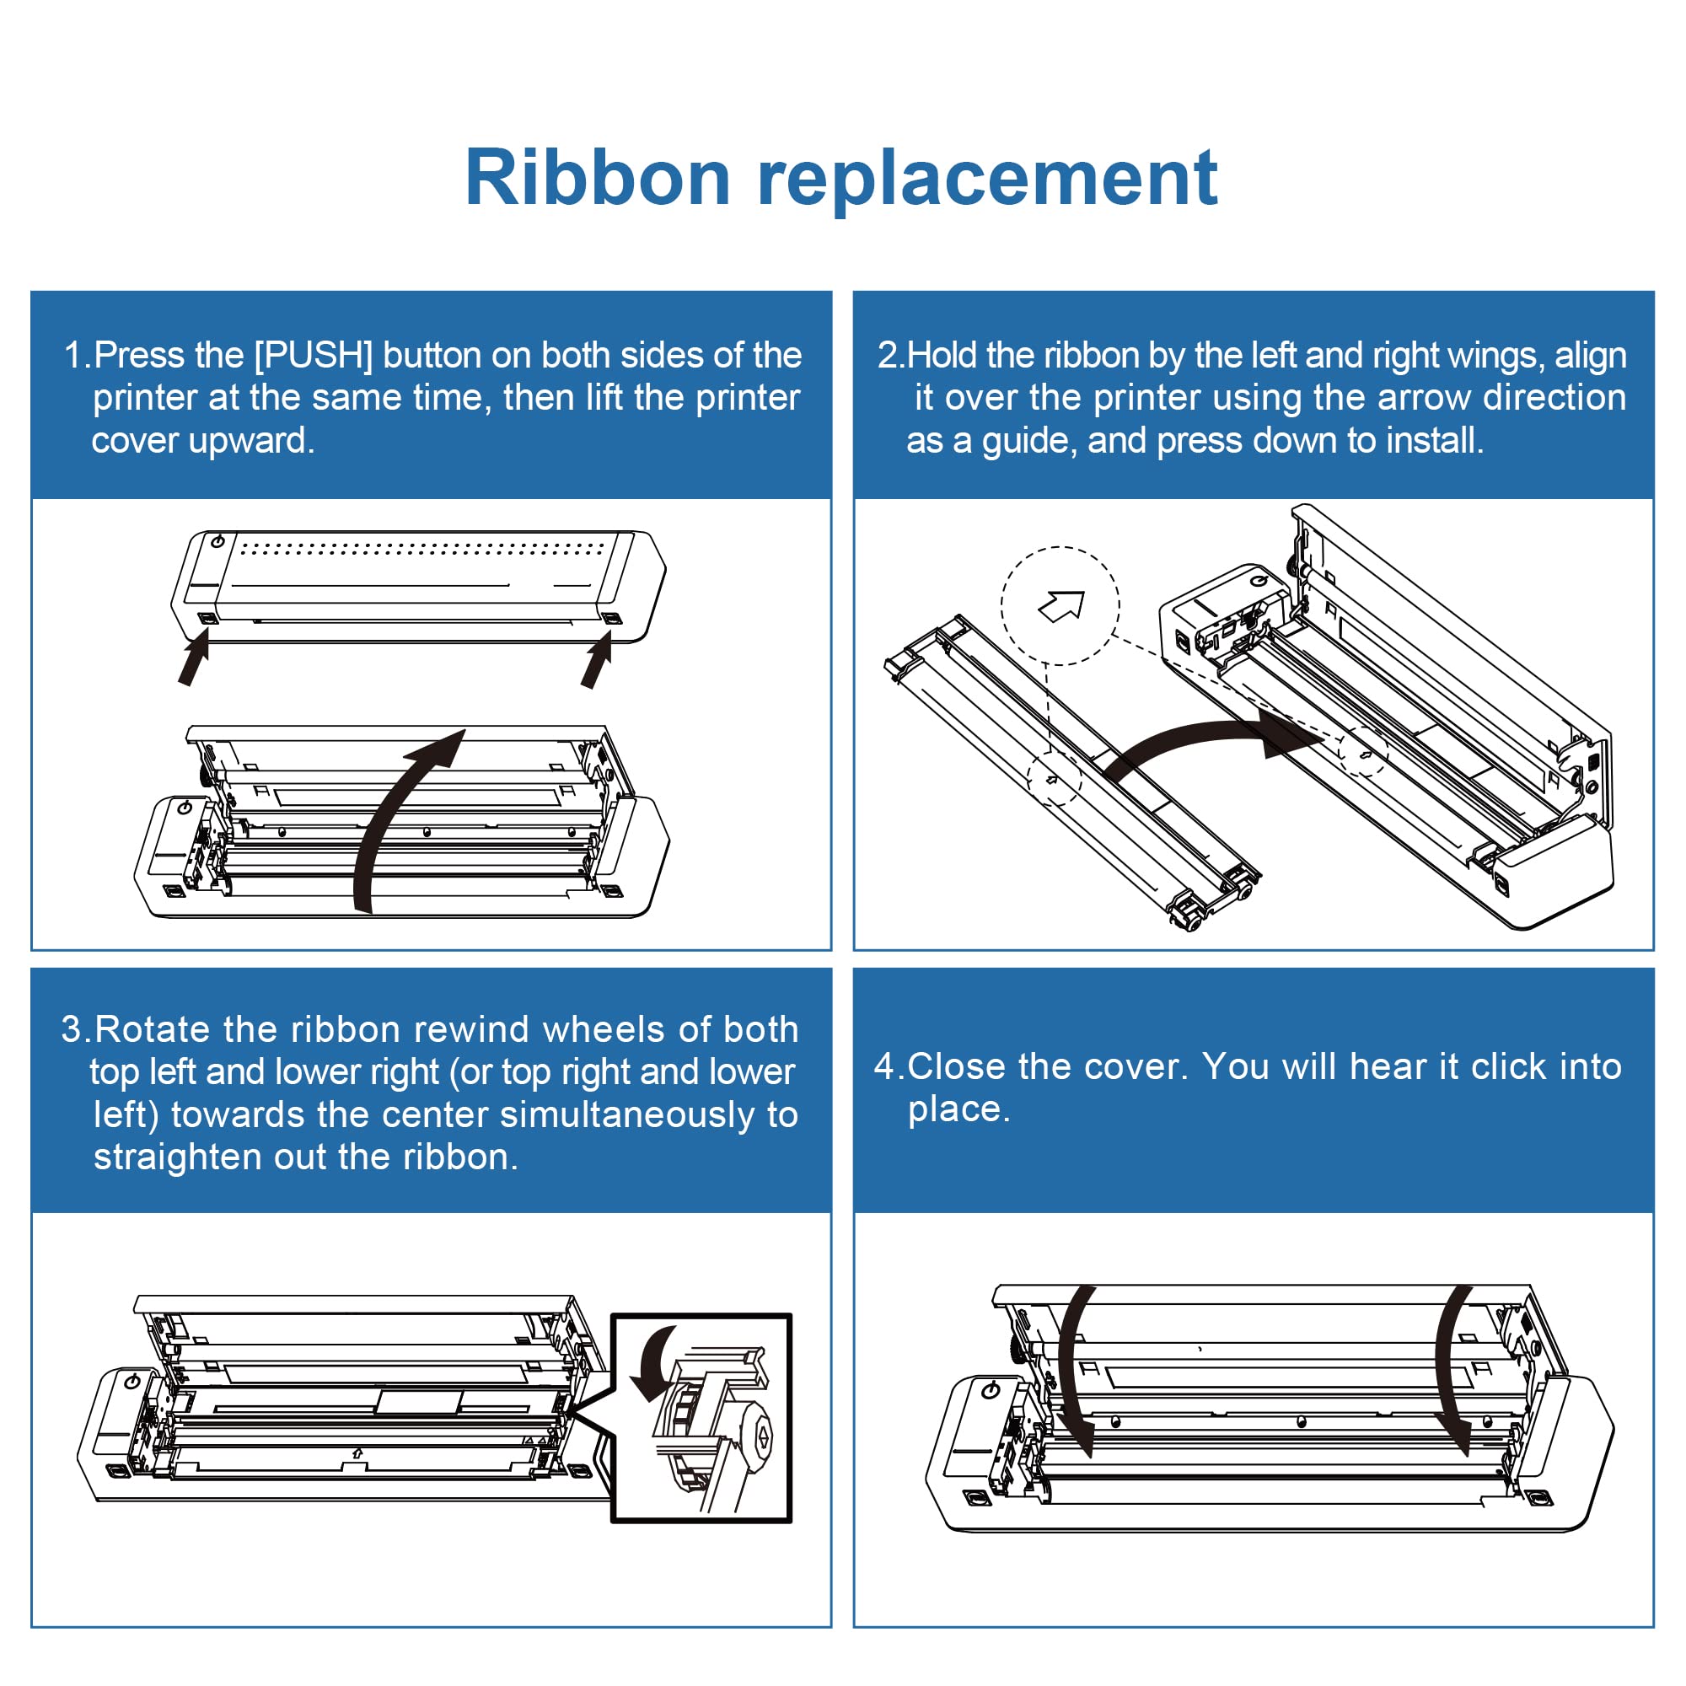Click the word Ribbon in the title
598,178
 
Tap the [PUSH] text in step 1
314,355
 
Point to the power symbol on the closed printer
217,542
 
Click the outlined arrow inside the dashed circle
1061,605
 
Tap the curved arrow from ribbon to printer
1205,736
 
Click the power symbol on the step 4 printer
991,1390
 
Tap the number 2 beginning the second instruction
888,355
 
